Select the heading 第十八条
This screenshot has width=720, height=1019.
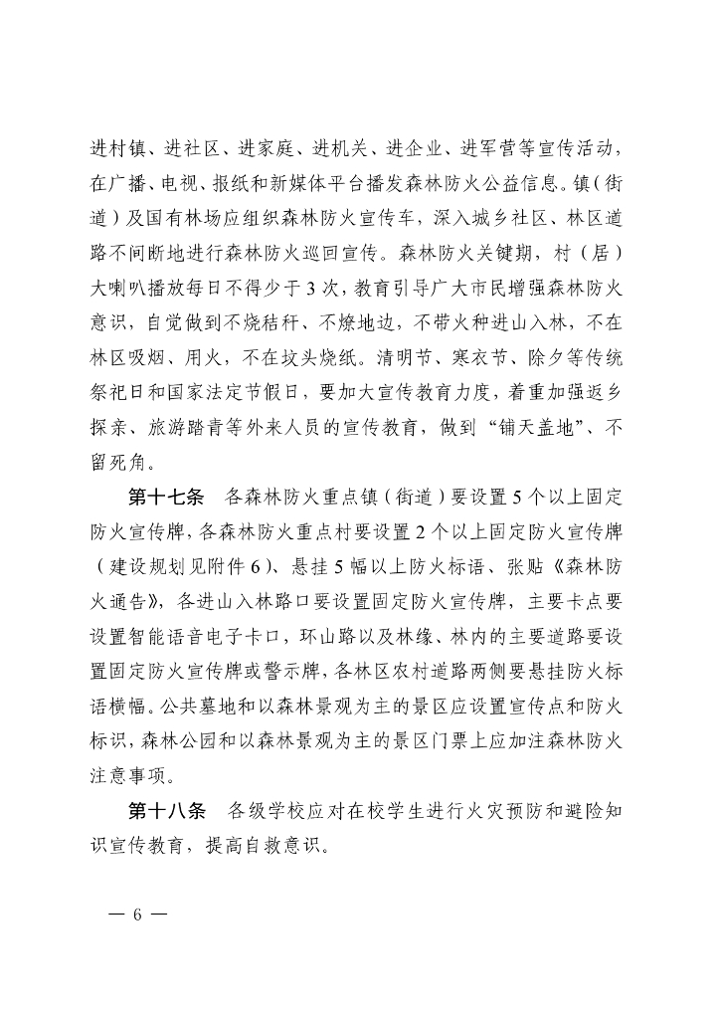click(x=167, y=810)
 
